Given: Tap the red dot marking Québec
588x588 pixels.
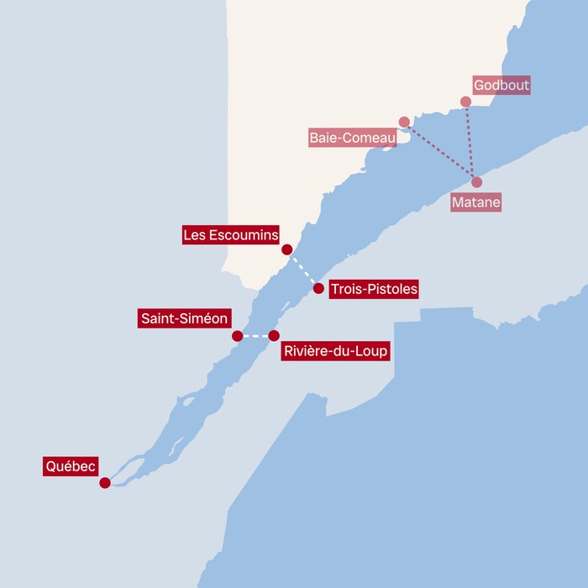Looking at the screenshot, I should click(x=105, y=483).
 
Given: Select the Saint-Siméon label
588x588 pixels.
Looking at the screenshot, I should click(x=184, y=319).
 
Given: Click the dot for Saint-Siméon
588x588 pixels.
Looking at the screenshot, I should click(x=238, y=336).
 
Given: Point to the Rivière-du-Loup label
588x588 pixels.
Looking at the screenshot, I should click(x=335, y=351).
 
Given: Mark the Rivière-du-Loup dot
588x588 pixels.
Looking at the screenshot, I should click(x=274, y=336).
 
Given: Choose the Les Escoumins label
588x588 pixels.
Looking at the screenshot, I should click(x=231, y=235).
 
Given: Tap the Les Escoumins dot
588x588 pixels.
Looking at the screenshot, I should click(x=287, y=249).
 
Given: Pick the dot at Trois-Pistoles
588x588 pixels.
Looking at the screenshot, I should click(x=318, y=288).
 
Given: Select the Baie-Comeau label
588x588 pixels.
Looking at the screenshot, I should click(x=352, y=137).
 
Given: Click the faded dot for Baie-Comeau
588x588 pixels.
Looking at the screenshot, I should click(x=404, y=122).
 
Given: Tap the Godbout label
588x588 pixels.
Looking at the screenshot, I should click(x=501, y=86).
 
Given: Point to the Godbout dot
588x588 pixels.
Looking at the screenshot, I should click(x=466, y=102).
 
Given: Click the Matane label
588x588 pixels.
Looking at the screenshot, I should click(x=475, y=202).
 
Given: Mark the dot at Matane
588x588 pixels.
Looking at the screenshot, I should click(x=477, y=182).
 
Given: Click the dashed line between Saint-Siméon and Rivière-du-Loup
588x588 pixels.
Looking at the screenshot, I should click(x=255, y=336).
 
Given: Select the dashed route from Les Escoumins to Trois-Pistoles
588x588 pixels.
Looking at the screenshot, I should click(x=302, y=269).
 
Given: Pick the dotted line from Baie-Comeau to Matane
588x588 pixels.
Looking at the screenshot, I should click(x=440, y=152).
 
